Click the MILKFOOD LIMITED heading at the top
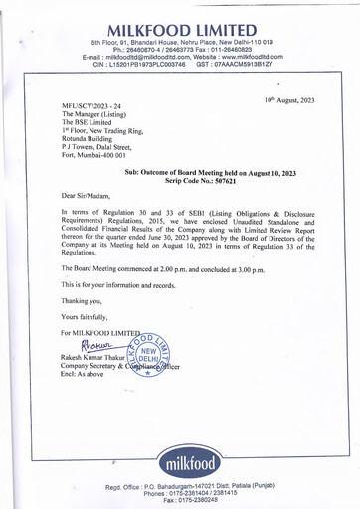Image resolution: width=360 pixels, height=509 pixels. pyautogui.click(x=180, y=23)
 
